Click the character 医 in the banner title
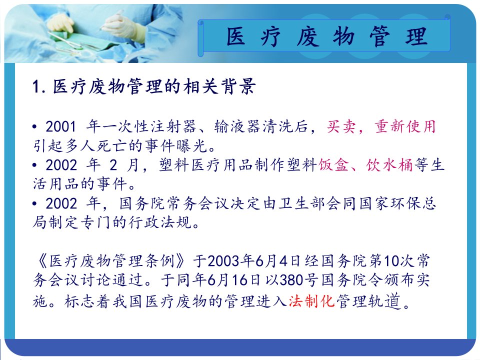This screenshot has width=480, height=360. (235, 36)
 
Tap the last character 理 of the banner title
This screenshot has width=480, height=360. (416, 36)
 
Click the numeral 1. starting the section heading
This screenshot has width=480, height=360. (39, 86)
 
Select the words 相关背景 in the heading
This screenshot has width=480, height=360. (219, 86)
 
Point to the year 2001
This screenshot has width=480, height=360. (61, 126)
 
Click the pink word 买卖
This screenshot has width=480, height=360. (341, 126)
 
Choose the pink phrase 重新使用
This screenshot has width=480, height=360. (405, 126)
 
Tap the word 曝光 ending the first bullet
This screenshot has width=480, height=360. (192, 145)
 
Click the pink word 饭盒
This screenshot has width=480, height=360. (333, 165)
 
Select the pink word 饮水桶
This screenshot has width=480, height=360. (390, 165)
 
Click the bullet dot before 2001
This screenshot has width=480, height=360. (35, 126)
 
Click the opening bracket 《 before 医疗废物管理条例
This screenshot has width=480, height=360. (42, 261)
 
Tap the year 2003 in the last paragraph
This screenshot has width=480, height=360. (223, 261)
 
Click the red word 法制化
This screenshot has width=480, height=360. (311, 301)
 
